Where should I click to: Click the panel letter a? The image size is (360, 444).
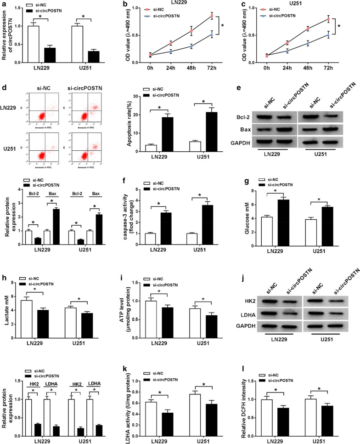coord(4,4)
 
